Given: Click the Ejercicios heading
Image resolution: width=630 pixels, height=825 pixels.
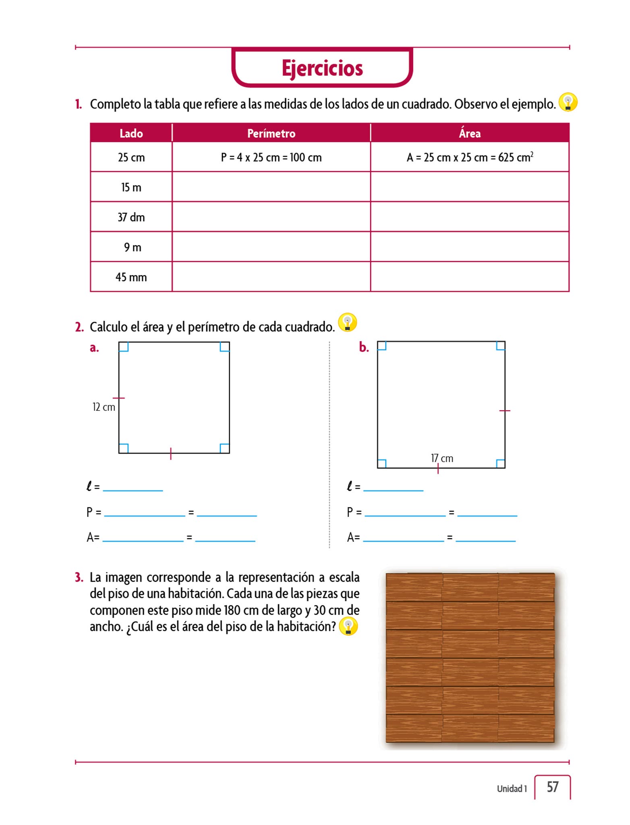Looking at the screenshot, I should pyautogui.click(x=322, y=68).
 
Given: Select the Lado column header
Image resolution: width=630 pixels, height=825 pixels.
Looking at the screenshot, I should pyautogui.click(x=131, y=133).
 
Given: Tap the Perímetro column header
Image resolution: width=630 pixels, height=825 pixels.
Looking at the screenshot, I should pyautogui.click(x=271, y=133).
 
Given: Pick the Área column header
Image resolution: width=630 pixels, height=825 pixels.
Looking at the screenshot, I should pyautogui.click(x=470, y=133).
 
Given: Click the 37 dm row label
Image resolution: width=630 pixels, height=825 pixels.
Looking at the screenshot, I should pyautogui.click(x=131, y=218).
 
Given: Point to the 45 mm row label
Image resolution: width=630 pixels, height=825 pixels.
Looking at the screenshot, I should pyautogui.click(x=131, y=277).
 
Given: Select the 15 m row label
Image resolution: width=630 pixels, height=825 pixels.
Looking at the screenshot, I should pyautogui.click(x=131, y=187).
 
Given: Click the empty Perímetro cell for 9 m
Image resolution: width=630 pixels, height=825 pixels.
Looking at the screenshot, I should pyautogui.click(x=271, y=247).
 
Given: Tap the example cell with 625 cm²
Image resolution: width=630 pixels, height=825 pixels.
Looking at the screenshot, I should pyautogui.click(x=470, y=157).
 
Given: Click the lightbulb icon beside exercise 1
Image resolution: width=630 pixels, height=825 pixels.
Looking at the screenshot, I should pyautogui.click(x=568, y=102).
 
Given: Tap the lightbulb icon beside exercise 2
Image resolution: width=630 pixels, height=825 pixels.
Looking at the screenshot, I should pyautogui.click(x=347, y=323).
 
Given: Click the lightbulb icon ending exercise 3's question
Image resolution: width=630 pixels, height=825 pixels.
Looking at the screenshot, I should pyautogui.click(x=348, y=627).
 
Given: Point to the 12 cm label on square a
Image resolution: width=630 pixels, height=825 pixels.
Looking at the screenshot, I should pyautogui.click(x=104, y=407).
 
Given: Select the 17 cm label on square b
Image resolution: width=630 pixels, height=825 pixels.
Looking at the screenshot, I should pyautogui.click(x=442, y=458).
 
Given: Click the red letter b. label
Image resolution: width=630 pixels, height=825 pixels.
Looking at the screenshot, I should pyautogui.click(x=364, y=347).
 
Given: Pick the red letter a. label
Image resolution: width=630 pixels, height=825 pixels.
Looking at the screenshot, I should pyautogui.click(x=94, y=348).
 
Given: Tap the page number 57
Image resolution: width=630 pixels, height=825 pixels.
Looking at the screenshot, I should pyautogui.click(x=552, y=787).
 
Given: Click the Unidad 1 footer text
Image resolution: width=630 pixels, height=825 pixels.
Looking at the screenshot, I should pyautogui.click(x=512, y=789).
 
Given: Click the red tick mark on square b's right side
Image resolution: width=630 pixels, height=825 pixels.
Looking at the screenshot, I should pyautogui.click(x=505, y=410).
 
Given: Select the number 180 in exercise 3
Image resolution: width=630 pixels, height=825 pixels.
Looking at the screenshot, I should pyautogui.click(x=232, y=610).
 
